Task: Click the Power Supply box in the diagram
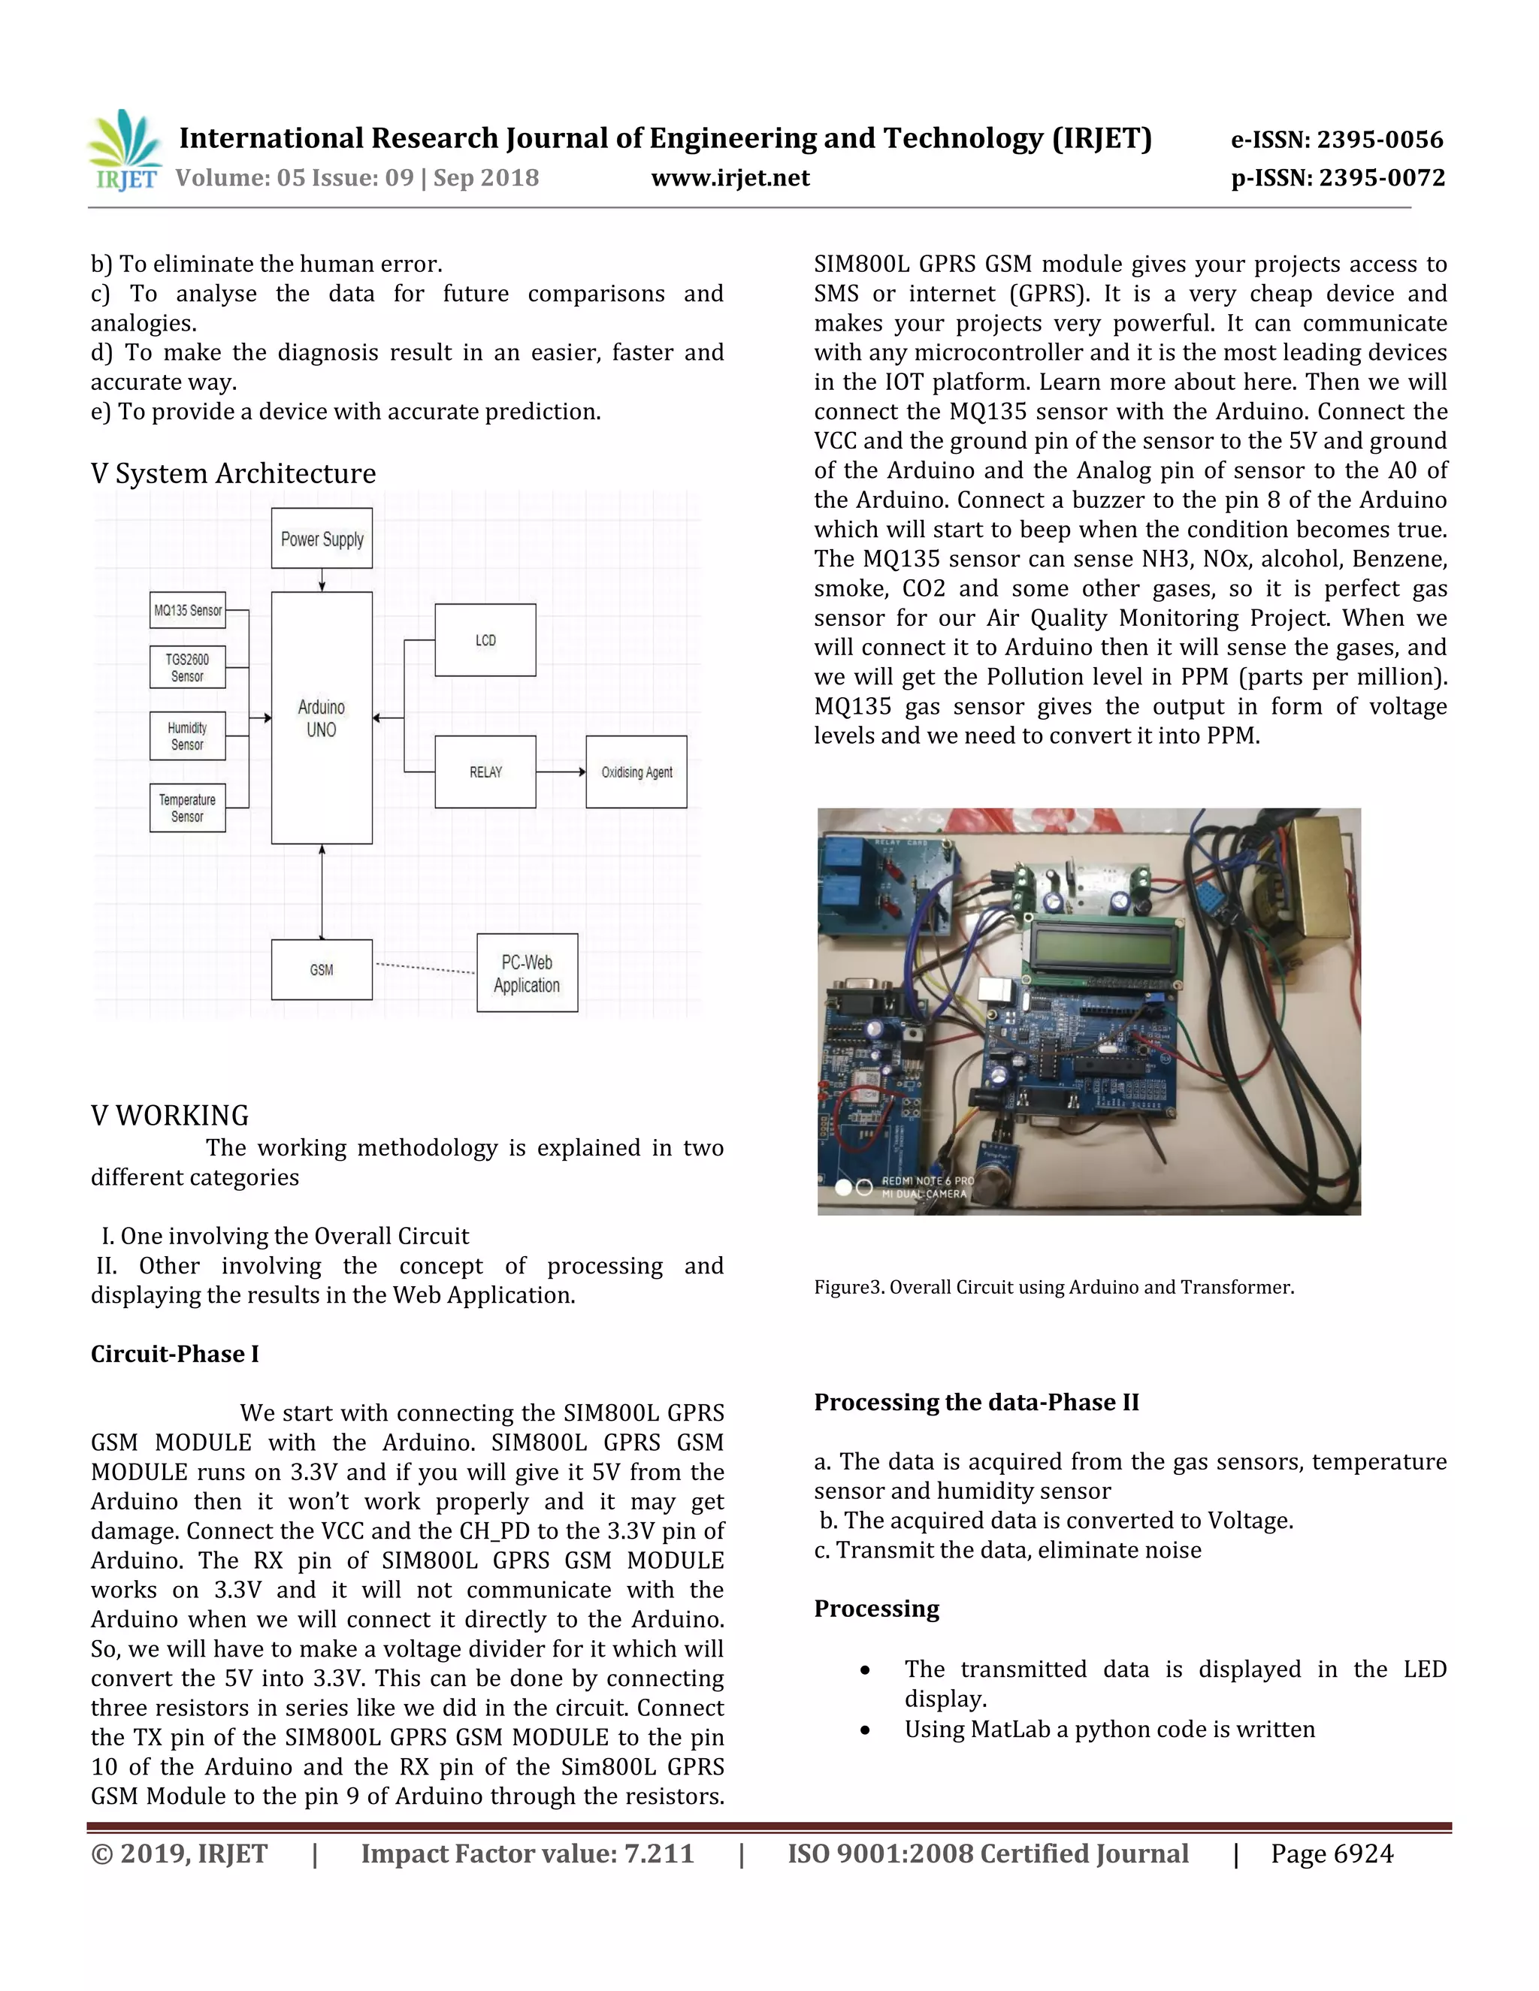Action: click(x=322, y=539)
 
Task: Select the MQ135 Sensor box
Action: click(x=188, y=610)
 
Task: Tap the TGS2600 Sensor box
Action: click(x=188, y=667)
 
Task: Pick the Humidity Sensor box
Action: click(x=188, y=736)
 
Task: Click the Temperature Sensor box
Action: click(x=188, y=808)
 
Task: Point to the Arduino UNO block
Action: click(x=322, y=718)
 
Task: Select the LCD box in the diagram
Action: click(x=485, y=640)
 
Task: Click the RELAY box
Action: click(x=485, y=772)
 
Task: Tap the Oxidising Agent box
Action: click(x=636, y=772)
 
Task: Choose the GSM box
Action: click(x=322, y=970)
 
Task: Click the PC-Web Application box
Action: click(x=527, y=973)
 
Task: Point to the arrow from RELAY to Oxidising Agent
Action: click(x=561, y=772)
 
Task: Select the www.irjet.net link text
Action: click(x=730, y=178)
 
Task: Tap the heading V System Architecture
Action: click(x=234, y=473)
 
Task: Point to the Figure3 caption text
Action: click(x=1054, y=1287)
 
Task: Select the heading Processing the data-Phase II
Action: click(x=976, y=1402)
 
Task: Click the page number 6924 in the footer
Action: click(x=1362, y=1854)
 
